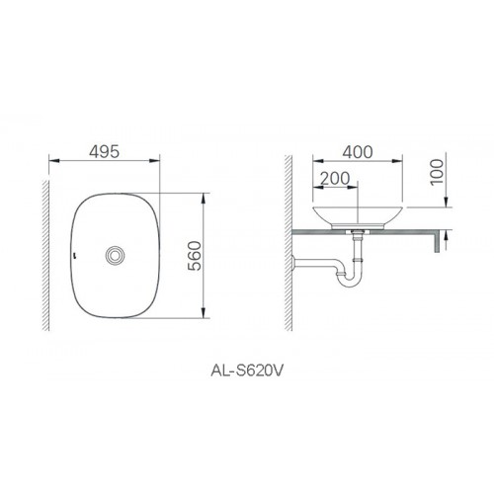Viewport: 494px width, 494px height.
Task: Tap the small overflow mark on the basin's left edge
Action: (x=75, y=254)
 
